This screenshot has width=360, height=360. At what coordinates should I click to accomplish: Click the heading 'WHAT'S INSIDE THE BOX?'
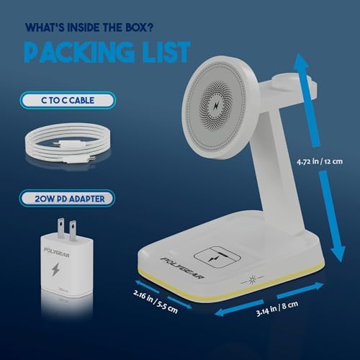pos(89,27)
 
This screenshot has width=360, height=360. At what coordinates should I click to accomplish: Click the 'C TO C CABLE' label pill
pos(68,100)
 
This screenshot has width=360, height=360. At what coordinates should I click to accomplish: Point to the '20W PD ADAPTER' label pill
pos(67,199)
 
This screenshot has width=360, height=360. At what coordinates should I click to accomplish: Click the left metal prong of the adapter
pos(61,226)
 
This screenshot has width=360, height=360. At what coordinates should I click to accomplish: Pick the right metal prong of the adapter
pos(73,230)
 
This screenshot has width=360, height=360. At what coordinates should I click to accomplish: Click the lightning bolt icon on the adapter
pos(55,269)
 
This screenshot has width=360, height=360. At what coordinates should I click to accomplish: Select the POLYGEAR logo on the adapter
pos(57,252)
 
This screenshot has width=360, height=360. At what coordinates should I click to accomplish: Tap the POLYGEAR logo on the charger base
pos(182,268)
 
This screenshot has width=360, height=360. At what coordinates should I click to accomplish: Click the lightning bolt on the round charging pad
pos(217,106)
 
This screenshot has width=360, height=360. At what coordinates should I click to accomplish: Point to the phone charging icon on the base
pos(217,257)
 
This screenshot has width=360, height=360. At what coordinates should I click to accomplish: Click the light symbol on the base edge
pos(252,280)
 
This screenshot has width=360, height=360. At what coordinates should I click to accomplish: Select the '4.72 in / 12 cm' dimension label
pos(320,161)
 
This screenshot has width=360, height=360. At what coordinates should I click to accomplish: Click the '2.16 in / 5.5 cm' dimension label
pos(156,302)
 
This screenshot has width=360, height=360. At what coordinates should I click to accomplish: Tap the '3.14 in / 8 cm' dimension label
pos(277,309)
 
